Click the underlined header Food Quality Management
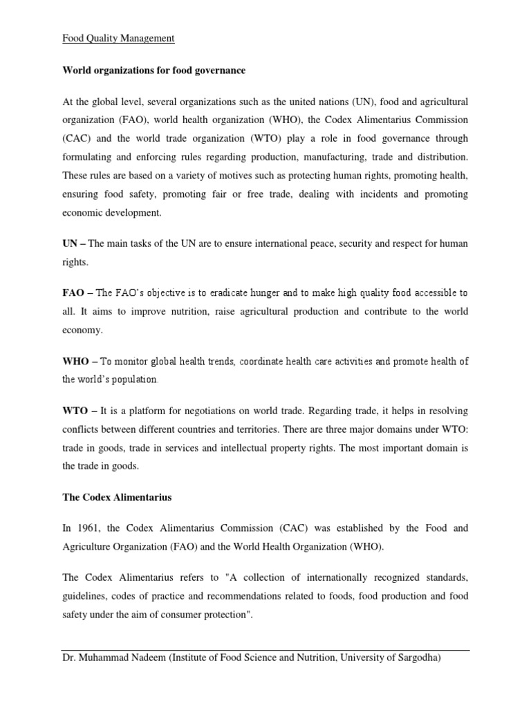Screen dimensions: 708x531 tap(119, 39)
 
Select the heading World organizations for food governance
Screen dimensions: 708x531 tap(154, 71)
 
